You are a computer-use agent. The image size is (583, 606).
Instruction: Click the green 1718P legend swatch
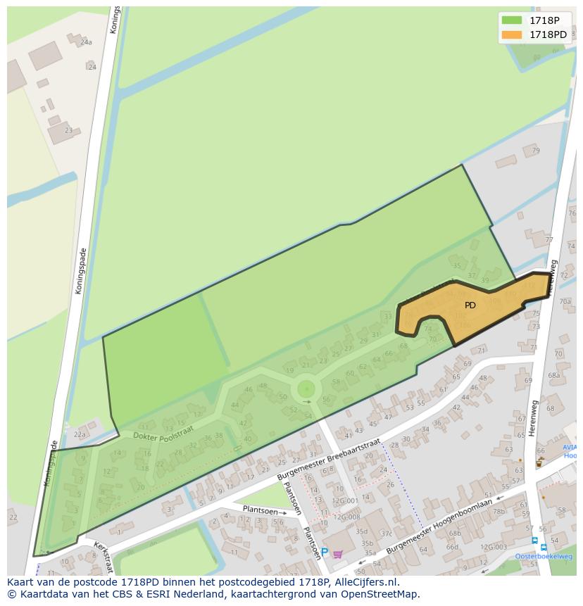click(x=512, y=20)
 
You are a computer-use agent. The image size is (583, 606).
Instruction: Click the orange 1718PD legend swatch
click(x=512, y=34)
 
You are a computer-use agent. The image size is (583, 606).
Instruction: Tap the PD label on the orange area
click(x=470, y=305)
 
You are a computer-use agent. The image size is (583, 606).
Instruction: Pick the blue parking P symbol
click(x=324, y=552)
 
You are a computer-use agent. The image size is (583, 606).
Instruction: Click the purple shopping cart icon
click(x=338, y=554)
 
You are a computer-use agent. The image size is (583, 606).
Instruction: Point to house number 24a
click(x=86, y=42)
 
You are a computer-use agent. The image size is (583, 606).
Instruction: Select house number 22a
click(x=80, y=435)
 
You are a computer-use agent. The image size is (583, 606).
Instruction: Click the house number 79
click(x=536, y=151)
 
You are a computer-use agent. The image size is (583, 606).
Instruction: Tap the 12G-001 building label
click(x=346, y=500)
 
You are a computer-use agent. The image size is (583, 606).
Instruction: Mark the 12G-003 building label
click(x=494, y=547)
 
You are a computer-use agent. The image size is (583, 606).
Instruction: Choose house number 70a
click(x=565, y=302)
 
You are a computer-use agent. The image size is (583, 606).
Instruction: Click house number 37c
click(x=387, y=534)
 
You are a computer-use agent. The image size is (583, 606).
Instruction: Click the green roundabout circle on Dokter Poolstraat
click(x=306, y=389)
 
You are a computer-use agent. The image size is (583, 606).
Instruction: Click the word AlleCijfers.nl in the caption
click(x=365, y=582)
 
